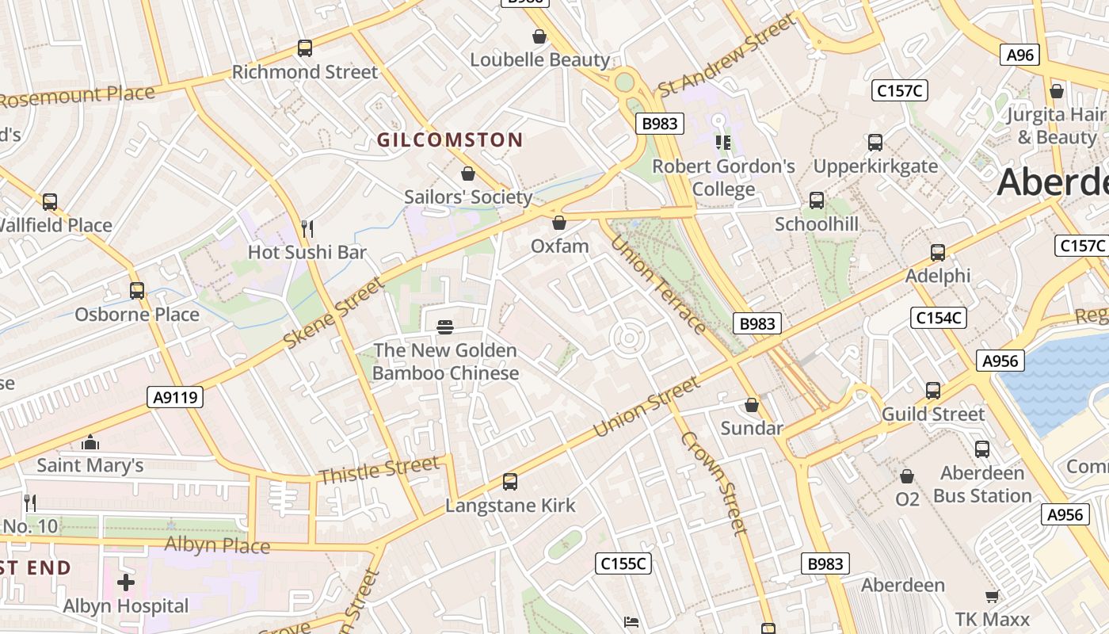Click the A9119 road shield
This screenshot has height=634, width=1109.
tap(175, 397)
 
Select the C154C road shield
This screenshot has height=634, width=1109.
tap(939, 318)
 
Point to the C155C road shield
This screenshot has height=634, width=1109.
tap(623, 563)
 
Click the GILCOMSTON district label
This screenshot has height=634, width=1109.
tap(449, 140)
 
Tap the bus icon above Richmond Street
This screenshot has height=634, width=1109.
tap(305, 48)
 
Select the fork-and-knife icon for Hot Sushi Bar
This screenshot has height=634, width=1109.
tap(307, 229)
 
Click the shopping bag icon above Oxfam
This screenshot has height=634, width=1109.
tap(559, 223)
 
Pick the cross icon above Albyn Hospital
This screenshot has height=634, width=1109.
tap(126, 582)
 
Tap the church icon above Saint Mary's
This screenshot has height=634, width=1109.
tap(90, 441)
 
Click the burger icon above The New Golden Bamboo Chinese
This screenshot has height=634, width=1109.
tap(445, 327)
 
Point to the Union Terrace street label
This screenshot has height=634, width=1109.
tap(657, 284)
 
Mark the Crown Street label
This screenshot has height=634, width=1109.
tap(713, 483)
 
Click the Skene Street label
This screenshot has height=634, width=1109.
tap(333, 313)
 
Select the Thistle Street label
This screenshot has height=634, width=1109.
tap(378, 471)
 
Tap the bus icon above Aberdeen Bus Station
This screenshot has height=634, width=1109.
tap(982, 449)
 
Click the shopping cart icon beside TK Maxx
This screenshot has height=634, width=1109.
tap(992, 596)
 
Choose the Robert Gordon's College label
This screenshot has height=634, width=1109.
tap(723, 178)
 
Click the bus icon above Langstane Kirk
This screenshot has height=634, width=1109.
tap(510, 482)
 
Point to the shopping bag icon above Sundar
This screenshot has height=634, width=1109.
tap(752, 406)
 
